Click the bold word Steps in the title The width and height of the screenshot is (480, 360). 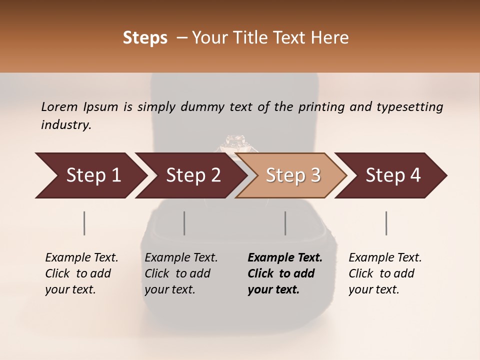(x=145, y=38)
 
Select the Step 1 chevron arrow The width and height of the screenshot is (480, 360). (x=90, y=175)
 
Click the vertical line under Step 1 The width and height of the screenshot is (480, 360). (x=84, y=223)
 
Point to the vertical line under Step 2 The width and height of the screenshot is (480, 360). (x=184, y=223)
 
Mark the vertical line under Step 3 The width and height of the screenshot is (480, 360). (x=285, y=223)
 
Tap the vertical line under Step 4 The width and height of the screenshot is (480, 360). (x=386, y=223)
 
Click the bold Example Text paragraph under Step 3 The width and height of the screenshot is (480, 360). (x=285, y=273)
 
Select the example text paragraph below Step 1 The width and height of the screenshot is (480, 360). (x=81, y=273)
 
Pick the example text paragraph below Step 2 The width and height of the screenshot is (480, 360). (x=181, y=273)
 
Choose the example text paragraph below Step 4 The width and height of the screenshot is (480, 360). (x=385, y=273)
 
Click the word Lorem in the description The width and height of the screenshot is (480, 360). (x=59, y=106)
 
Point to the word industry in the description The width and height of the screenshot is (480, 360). (x=66, y=125)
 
